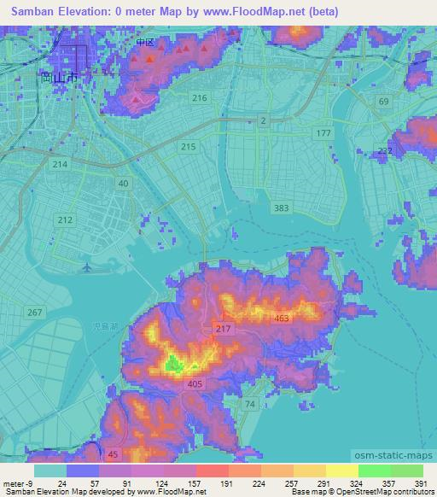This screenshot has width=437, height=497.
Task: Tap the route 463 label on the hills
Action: (x=282, y=318)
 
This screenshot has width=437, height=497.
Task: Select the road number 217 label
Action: (x=224, y=330)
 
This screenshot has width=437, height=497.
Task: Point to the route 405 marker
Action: (x=195, y=385)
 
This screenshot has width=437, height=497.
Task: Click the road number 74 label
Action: (x=250, y=403)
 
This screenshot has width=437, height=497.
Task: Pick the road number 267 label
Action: (x=34, y=313)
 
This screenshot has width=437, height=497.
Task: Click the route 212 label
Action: (x=65, y=219)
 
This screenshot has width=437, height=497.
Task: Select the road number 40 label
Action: (x=124, y=184)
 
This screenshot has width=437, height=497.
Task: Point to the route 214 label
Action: (x=60, y=163)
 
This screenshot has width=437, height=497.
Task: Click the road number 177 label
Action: (x=323, y=134)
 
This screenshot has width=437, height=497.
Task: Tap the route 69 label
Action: (x=383, y=102)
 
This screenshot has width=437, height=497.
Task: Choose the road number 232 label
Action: (x=385, y=150)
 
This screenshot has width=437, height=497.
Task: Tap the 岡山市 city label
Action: (x=60, y=77)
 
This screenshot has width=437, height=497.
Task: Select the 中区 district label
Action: (x=144, y=42)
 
